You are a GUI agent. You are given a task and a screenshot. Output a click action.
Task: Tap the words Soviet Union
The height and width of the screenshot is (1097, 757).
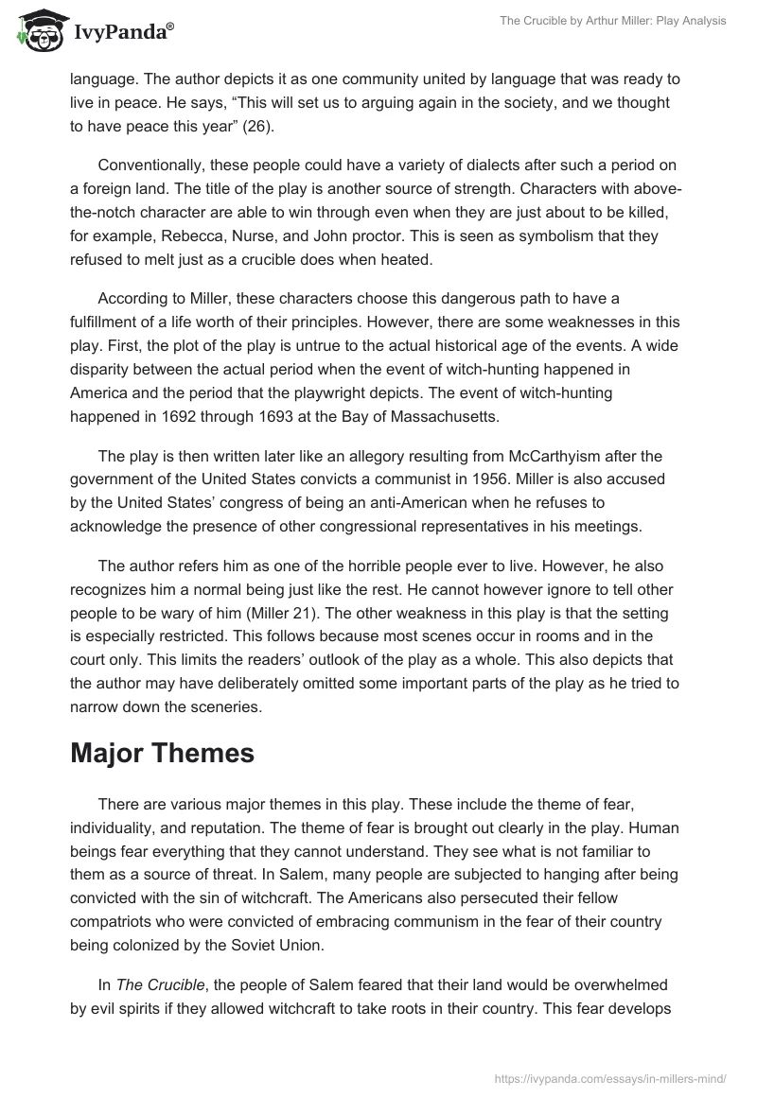point(288,944)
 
